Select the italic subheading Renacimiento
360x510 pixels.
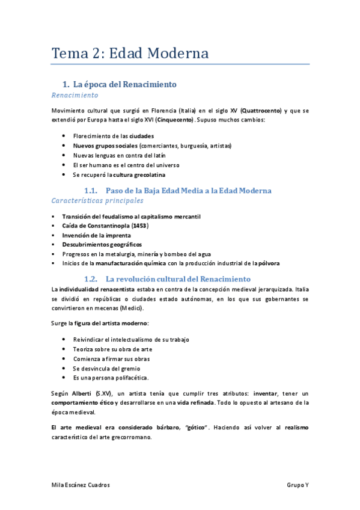coord(75,96)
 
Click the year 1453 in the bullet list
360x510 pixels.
coord(139,226)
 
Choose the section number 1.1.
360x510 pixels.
coord(91,191)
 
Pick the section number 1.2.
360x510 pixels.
coord(91,280)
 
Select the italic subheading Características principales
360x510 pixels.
coord(98,200)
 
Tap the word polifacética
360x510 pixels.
coord(129,378)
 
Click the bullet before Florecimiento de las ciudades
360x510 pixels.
coord(64,136)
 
